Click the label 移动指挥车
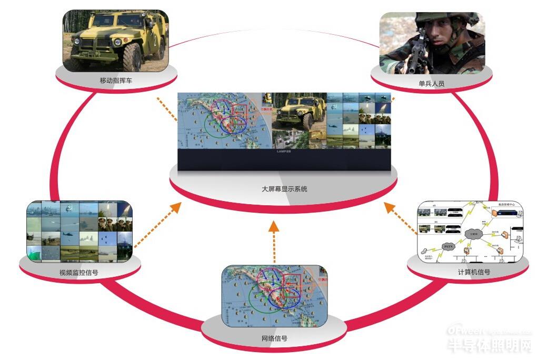coord(115,81)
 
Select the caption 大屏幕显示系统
coord(284,188)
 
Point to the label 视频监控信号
coord(79,273)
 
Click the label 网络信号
coord(274,338)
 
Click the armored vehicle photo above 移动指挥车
coord(115,41)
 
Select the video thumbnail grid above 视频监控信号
coord(79,231)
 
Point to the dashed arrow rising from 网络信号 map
coord(274,242)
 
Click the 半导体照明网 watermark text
coord(490,346)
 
